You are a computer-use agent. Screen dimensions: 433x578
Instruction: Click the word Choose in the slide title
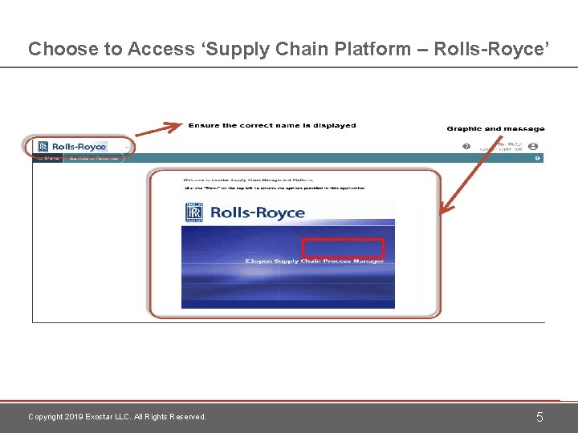[x=51, y=49]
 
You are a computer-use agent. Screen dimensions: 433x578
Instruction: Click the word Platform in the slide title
[x=371, y=49]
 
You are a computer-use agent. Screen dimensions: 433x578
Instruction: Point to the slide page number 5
[x=539, y=417]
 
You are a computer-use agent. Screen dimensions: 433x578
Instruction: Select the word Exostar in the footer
[x=104, y=417]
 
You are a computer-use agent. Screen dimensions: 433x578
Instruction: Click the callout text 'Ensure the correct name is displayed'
[x=272, y=125]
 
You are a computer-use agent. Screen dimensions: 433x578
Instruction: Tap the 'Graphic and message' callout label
[x=495, y=128]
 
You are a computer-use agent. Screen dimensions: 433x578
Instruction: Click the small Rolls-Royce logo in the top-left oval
[x=72, y=147]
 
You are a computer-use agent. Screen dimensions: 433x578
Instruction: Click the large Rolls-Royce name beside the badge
[x=257, y=212]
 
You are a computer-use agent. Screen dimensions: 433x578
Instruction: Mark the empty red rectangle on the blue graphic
[x=343, y=249]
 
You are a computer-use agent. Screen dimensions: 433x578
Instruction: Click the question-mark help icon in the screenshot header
[x=466, y=147]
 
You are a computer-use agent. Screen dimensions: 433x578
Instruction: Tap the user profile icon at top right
[x=533, y=147]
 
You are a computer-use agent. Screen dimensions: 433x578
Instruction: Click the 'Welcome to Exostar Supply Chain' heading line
[x=249, y=180]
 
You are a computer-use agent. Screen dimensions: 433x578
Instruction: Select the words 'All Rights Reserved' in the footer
[x=173, y=417]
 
